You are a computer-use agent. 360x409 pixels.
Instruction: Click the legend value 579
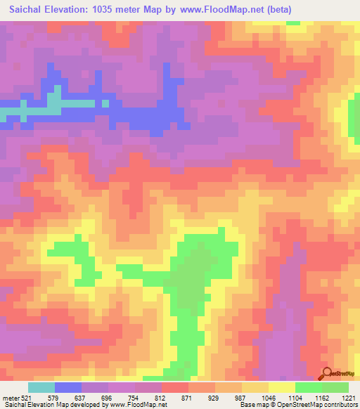coord(51,398)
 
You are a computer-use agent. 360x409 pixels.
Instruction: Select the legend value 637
coord(78,398)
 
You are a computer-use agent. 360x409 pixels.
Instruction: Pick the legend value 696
coord(105,398)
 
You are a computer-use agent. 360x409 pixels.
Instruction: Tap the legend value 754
coord(133,398)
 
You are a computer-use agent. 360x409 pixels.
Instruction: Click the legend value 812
coord(160,398)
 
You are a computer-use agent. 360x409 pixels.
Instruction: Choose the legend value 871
coord(188,398)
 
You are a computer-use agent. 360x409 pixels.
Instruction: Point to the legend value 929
coord(215,398)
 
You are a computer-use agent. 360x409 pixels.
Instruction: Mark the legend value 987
coord(243,398)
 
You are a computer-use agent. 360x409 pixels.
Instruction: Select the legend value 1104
coord(297,398)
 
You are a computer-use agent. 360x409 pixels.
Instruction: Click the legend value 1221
coord(349,398)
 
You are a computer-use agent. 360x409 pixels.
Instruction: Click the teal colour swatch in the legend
coord(41,387)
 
